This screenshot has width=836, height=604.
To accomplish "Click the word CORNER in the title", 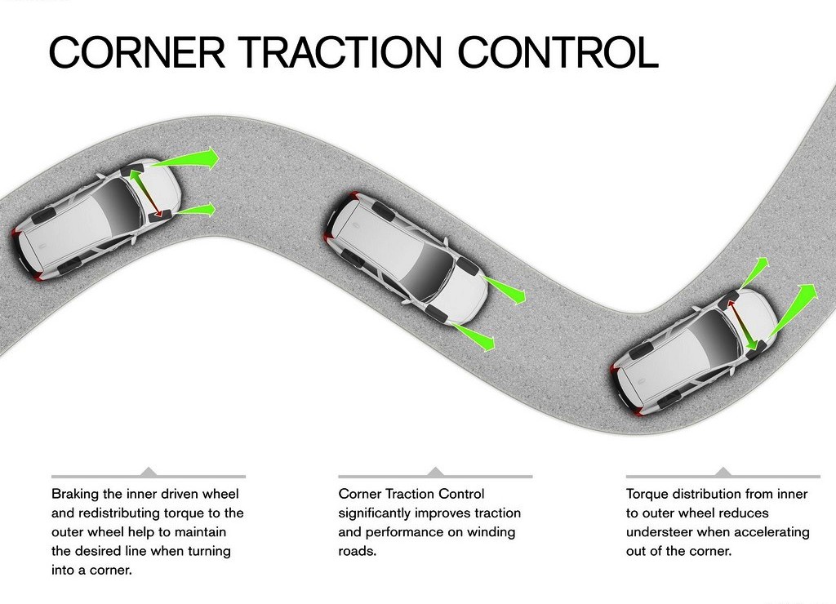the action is pyautogui.click(x=137, y=51).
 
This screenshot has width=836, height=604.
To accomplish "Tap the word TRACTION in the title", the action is pyautogui.click(x=342, y=51).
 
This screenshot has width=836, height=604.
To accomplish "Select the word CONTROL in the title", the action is pyautogui.click(x=558, y=51).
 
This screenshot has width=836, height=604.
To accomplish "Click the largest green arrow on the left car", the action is pyautogui.click(x=184, y=158).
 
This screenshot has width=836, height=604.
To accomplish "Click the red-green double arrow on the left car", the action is pyautogui.click(x=143, y=191).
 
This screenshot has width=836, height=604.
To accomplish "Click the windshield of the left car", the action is pyautogui.click(x=121, y=198).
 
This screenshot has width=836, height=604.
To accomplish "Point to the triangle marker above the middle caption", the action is pyautogui.click(x=436, y=471).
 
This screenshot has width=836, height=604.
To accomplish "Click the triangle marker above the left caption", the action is pyautogui.click(x=149, y=471).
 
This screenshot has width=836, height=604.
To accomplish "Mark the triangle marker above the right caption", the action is pyautogui.click(x=723, y=471).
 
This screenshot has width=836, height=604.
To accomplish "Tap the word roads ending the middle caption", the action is pyautogui.click(x=358, y=551).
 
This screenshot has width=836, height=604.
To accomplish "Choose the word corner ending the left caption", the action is pyautogui.click(x=111, y=571).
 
